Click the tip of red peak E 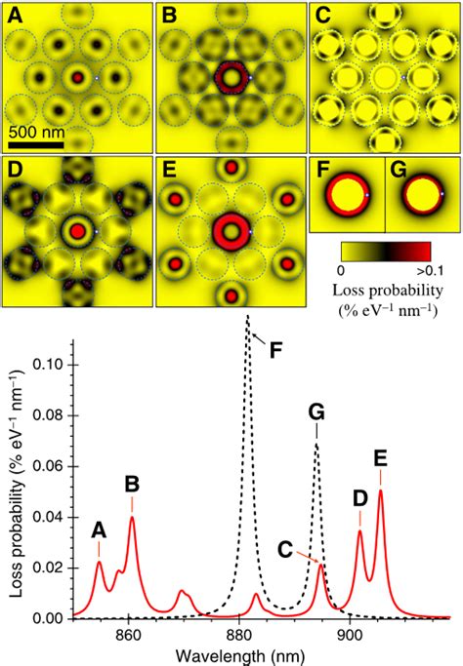point(380,490)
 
